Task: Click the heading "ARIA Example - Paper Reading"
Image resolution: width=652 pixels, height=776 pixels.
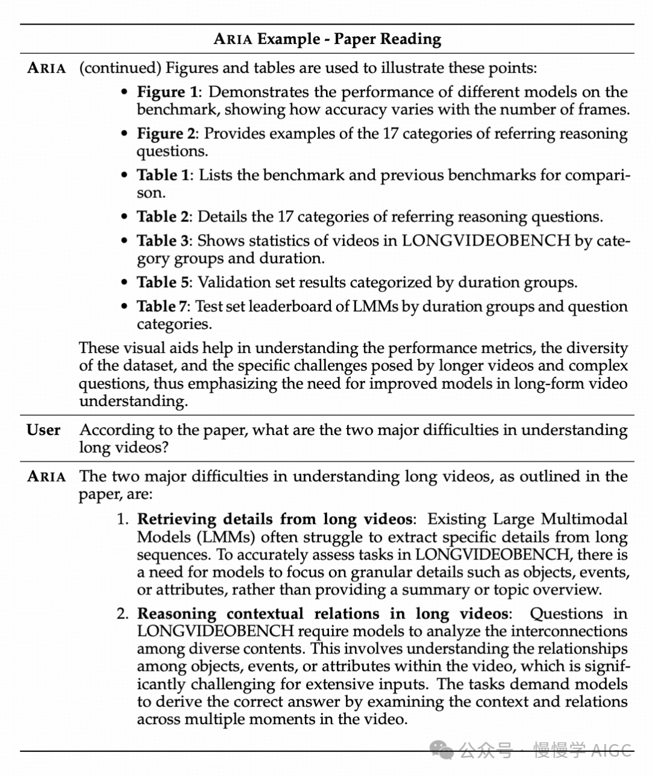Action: click(x=327, y=39)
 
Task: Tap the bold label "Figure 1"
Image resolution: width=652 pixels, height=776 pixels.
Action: click(x=167, y=92)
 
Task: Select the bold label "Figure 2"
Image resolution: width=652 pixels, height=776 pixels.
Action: click(x=167, y=134)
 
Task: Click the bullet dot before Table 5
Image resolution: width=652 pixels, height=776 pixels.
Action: click(x=124, y=283)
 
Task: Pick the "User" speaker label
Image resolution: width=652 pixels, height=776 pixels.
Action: click(x=43, y=430)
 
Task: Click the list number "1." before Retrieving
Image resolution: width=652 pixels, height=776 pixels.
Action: click(x=123, y=520)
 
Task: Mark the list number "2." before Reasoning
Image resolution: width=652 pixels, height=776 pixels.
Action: click(x=123, y=614)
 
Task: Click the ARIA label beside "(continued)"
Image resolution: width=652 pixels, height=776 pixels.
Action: click(x=46, y=68)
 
